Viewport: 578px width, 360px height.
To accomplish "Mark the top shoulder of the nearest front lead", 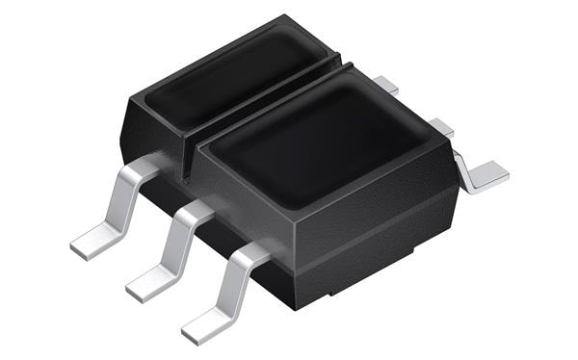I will click(251, 253).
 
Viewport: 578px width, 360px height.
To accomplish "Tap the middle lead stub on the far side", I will click(439, 125).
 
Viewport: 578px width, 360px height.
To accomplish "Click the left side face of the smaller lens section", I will click(149, 130).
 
